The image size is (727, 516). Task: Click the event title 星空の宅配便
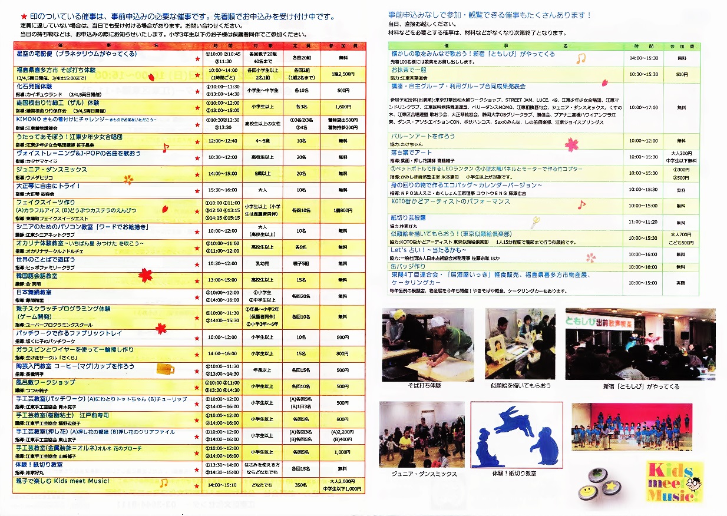77,54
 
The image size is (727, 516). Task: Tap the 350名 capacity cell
300,485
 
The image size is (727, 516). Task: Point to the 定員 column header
300,45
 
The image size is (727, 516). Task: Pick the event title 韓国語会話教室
37,276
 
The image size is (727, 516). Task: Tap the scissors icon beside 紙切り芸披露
535,222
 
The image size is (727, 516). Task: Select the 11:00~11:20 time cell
643,222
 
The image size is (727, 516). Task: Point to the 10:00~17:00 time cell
643,108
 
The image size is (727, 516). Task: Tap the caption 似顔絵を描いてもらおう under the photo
520,386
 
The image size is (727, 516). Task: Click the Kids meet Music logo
675,481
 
